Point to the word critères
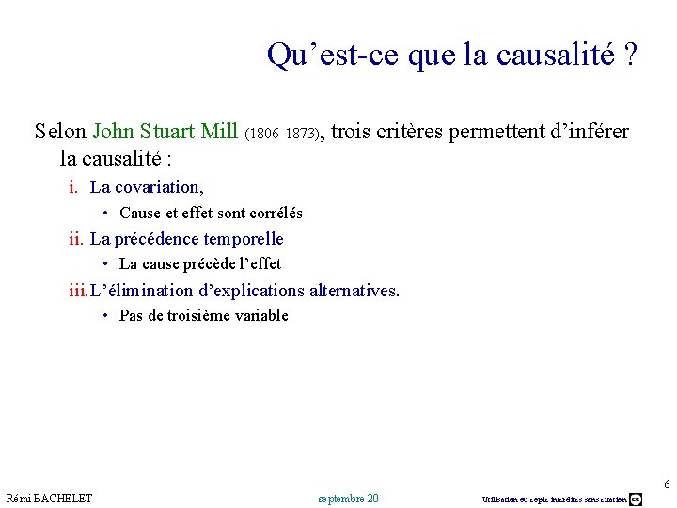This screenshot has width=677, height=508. coord(410,132)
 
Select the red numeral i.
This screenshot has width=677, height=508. coord(73,187)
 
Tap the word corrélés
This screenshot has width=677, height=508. coord(275,214)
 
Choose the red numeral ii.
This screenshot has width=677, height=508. coord(76,239)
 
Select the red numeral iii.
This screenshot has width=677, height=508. coord(78,291)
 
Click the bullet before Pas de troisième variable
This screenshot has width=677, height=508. coord(108,316)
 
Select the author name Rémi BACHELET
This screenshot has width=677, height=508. coord(49,498)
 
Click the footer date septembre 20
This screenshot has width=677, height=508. coord(348,498)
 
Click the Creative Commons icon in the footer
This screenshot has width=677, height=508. coord(636,499)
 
